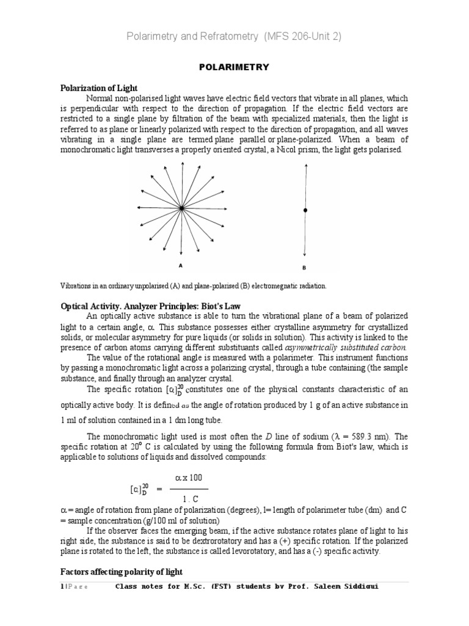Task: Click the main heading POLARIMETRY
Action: (x=234, y=67)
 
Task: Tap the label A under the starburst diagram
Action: (x=180, y=265)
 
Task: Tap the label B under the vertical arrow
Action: (x=305, y=267)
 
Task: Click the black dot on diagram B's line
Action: (x=305, y=210)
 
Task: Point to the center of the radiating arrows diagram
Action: (x=181, y=209)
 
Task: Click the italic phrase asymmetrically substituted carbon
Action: (x=346, y=347)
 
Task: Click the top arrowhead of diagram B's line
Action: (x=305, y=164)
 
